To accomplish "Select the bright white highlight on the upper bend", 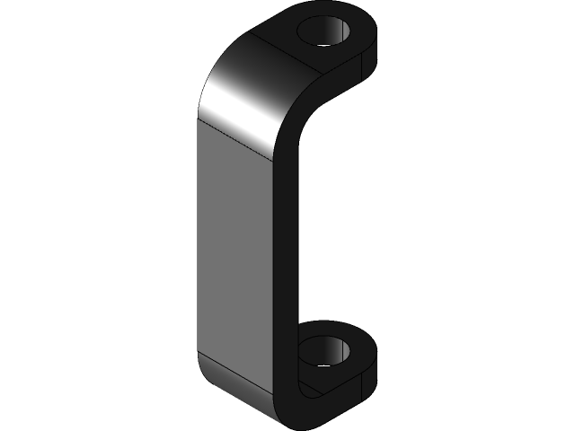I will [x=235, y=99].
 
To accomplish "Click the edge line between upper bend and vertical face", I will [x=235, y=135].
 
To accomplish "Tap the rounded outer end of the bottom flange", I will [x=370, y=355].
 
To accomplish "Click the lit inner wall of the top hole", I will [x=340, y=32].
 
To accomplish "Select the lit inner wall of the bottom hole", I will [x=339, y=349].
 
